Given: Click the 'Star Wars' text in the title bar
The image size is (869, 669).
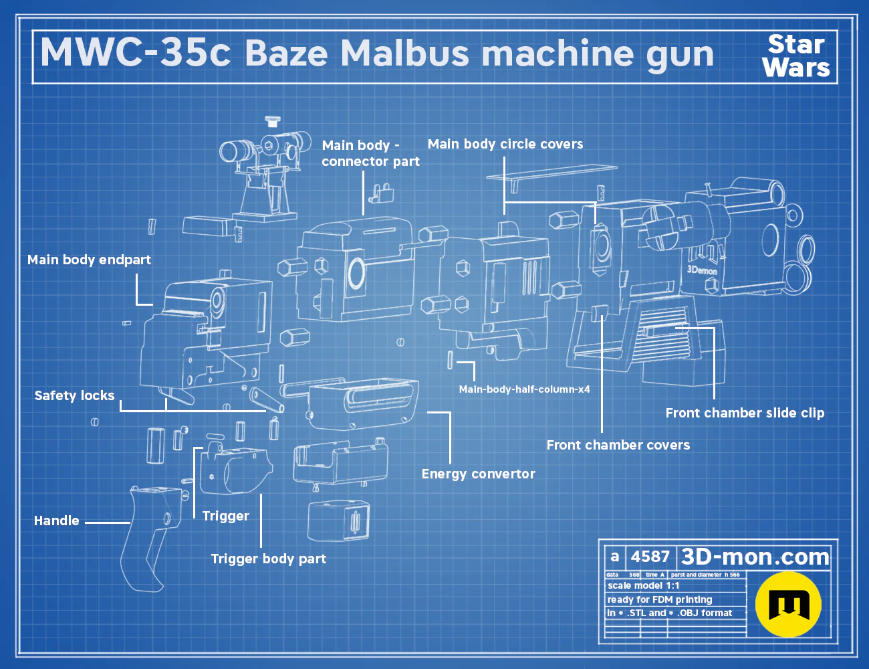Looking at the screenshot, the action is (796, 56).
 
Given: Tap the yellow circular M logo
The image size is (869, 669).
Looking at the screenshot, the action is (788, 604).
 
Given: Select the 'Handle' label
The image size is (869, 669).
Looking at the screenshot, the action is (56, 520).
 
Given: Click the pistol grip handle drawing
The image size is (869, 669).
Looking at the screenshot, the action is (149, 536).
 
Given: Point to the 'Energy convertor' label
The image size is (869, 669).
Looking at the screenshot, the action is (479, 474).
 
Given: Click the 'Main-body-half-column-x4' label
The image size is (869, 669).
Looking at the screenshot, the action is (524, 389).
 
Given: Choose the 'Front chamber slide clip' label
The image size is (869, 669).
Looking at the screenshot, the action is (745, 413).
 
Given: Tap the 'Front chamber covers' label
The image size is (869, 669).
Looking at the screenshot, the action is (618, 445).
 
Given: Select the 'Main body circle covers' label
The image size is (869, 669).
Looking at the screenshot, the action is (505, 144).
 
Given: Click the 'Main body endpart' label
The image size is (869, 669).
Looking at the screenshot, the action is (89, 260).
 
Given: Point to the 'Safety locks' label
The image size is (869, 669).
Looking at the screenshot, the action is (74, 396).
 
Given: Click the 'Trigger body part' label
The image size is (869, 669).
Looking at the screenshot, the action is (268, 559).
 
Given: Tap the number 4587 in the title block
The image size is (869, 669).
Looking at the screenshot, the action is (650, 557).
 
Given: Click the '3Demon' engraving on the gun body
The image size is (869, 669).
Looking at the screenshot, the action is (703, 270).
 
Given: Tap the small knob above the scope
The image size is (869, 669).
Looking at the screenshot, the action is (272, 120).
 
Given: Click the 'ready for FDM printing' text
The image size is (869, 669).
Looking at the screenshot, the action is (660, 600).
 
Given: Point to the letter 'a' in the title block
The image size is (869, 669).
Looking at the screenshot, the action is (615, 557).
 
